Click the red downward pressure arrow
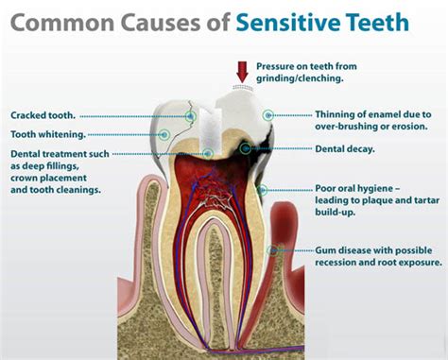[x=241, y=70]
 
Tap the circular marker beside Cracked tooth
[x=191, y=115]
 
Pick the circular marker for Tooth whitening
[x=165, y=134]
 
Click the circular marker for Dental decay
[x=246, y=148]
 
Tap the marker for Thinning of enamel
[x=268, y=114]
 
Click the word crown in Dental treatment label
[x=28, y=177]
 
